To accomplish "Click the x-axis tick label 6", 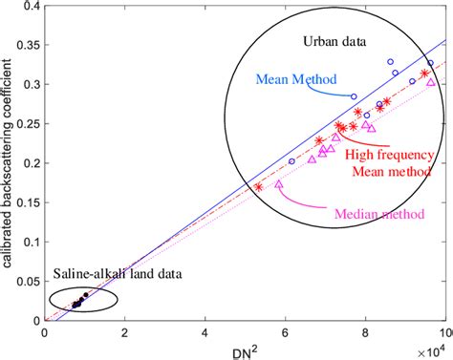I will coord(286,330).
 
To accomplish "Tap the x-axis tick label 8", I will coord(366,330).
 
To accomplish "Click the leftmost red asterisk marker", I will coord(259,187).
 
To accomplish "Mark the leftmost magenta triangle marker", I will coord(279,184).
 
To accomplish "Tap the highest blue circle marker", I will coord(390,61).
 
